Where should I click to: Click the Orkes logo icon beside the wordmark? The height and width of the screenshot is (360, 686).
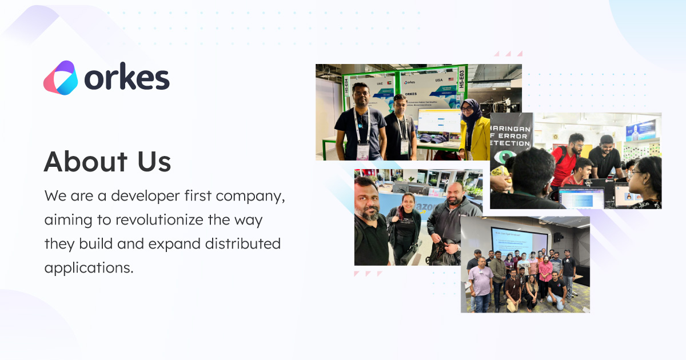coord(60,78)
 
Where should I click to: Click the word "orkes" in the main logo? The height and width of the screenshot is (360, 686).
coord(127,78)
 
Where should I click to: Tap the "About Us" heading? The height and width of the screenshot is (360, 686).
coord(107,162)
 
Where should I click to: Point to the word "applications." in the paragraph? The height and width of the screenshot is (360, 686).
coord(89,267)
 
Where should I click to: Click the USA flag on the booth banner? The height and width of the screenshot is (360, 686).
coord(450,79)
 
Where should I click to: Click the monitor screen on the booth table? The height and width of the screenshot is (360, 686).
coord(438,122)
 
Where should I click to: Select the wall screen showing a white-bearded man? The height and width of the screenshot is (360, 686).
coord(640,130)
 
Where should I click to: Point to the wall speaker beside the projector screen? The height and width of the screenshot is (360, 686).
coord(557,237)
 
